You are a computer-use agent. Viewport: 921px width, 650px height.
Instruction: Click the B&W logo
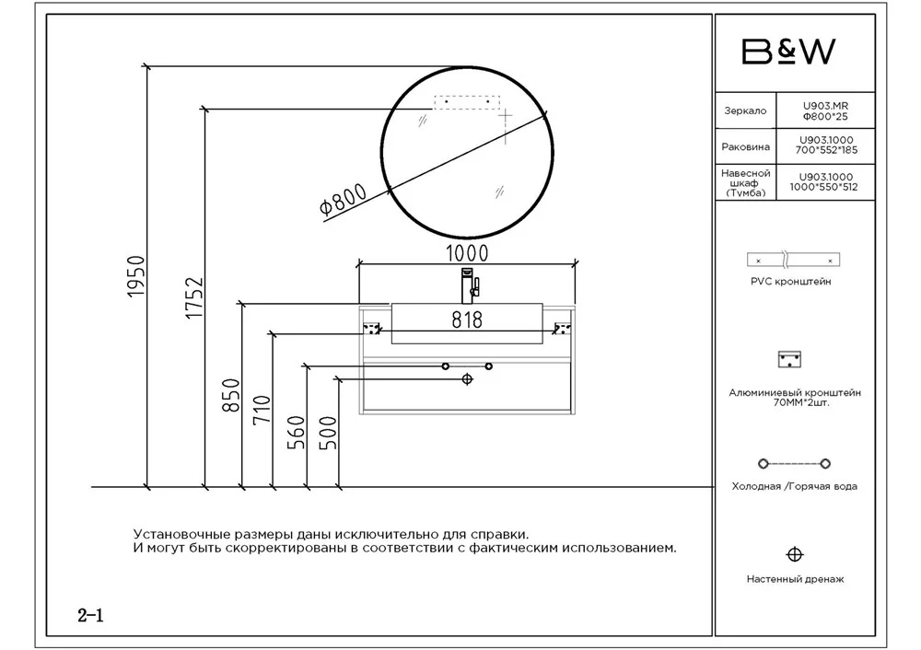coord(788,52)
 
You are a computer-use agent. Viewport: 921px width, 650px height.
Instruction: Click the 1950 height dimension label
coord(136,276)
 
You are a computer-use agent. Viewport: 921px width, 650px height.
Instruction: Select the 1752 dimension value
coord(194,298)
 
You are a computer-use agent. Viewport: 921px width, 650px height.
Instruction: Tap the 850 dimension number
coord(231,395)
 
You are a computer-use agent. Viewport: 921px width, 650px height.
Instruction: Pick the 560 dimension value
coord(296,432)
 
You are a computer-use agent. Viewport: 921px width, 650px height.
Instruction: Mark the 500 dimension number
coord(328,432)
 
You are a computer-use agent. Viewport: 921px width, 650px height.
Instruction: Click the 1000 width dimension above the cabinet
coord(467,253)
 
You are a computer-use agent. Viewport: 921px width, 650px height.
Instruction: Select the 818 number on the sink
coord(467,319)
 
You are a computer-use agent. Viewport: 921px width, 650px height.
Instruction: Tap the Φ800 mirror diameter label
coord(343,199)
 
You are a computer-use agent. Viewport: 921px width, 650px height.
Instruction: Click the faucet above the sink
coord(470,286)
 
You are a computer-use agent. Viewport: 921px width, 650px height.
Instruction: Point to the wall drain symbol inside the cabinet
coord(468,379)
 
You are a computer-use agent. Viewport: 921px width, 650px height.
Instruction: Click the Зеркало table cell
coord(745,110)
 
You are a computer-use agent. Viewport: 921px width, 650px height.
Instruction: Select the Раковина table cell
coord(745,146)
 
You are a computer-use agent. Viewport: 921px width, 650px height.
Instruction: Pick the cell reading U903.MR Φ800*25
coord(825,111)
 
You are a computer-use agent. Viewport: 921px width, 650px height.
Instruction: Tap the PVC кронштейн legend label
coord(790,281)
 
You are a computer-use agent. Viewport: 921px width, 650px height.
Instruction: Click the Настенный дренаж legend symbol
coord(795,554)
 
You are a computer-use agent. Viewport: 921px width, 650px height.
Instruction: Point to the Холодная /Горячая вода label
coord(794,486)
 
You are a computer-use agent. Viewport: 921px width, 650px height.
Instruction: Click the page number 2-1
coord(90,615)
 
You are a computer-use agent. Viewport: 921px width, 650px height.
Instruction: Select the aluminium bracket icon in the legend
coord(789,359)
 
